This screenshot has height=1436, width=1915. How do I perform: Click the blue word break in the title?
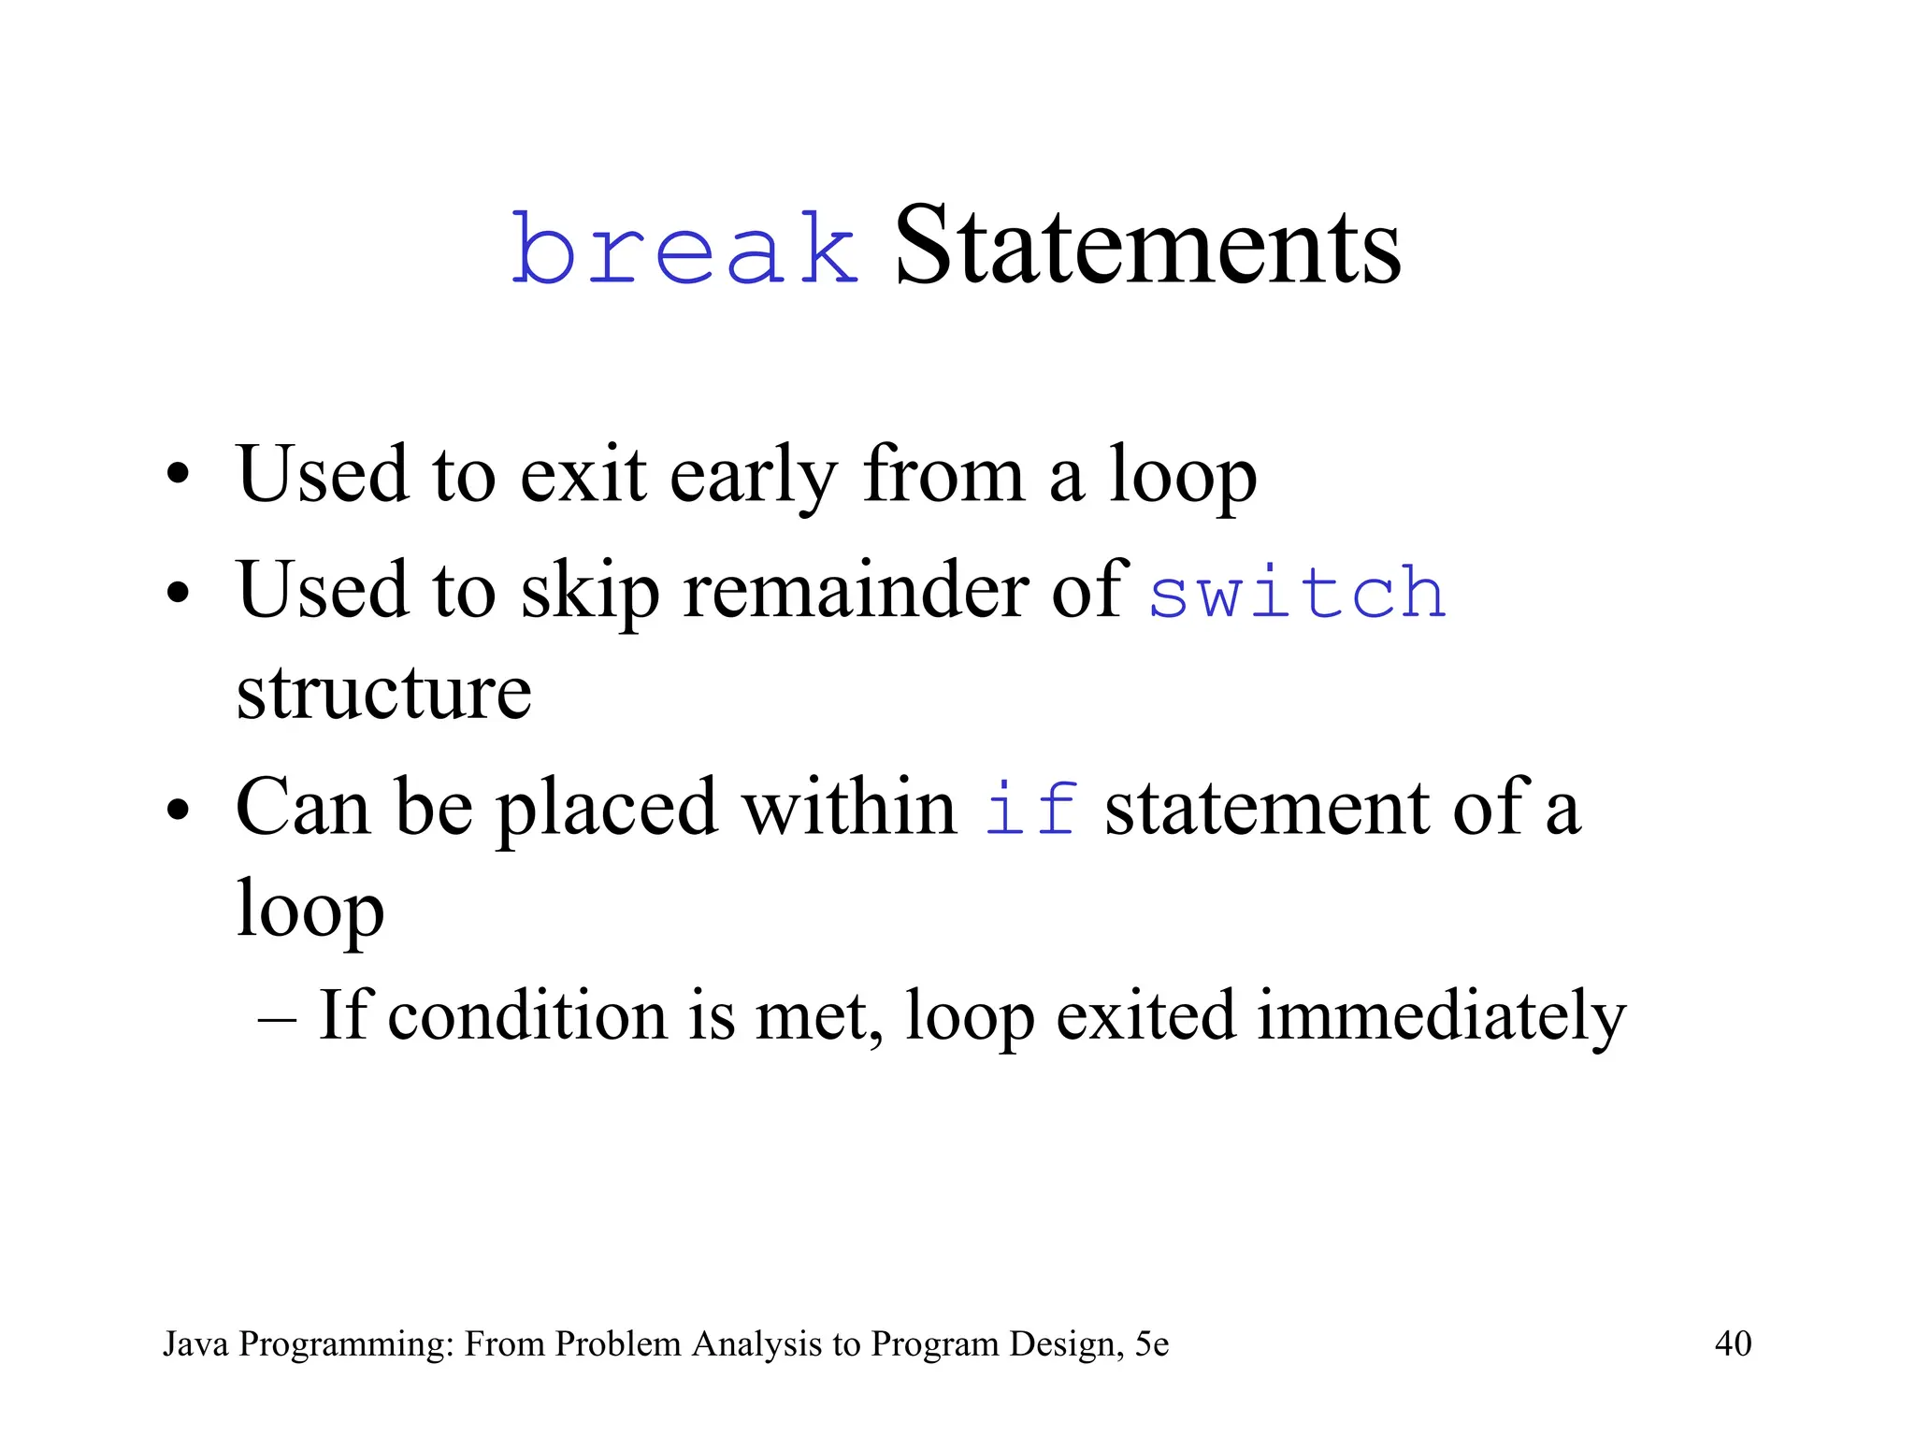684,248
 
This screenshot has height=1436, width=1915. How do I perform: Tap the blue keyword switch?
1297,593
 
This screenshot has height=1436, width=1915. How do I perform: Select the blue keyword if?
1031,808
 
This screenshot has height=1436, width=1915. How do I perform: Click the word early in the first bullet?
754,475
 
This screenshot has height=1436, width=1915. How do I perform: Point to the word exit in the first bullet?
583,475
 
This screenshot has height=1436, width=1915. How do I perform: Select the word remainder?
855,591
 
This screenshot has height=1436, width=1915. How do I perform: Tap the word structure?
383,694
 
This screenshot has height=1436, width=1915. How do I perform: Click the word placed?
607,808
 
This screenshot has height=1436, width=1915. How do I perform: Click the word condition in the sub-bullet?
527,1016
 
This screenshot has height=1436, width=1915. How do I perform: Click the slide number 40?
1733,1343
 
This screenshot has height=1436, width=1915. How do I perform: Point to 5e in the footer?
1151,1344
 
